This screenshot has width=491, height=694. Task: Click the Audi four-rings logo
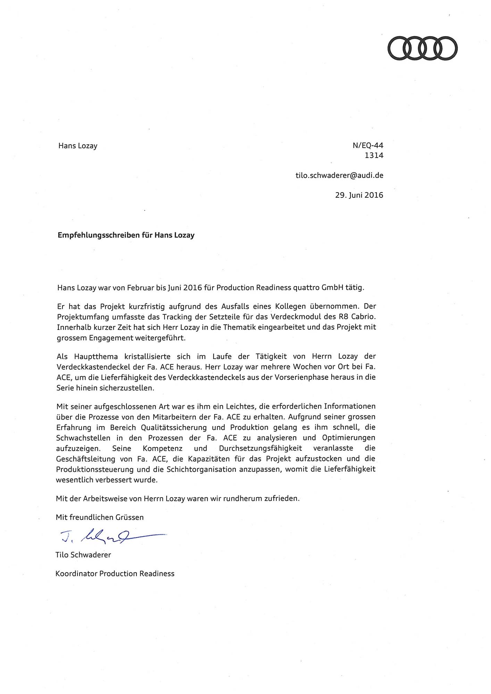(422, 48)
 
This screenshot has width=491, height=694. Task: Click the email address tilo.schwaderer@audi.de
(339, 175)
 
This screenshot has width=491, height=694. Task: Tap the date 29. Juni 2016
(359, 195)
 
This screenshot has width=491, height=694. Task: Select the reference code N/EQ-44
(368, 145)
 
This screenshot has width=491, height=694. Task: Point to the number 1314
(374, 155)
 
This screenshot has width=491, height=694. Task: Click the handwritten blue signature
(111, 537)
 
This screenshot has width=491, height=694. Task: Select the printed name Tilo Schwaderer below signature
(83, 555)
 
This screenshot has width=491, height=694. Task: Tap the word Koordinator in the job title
(76, 574)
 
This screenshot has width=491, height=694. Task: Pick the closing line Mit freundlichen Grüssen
(100, 517)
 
